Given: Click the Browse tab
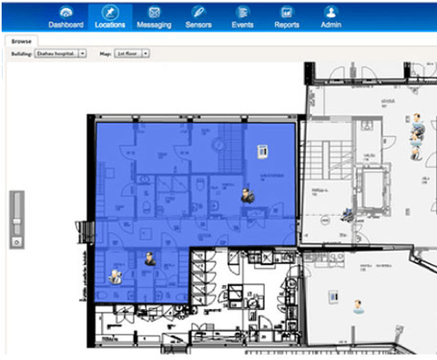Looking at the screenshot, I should [23, 42].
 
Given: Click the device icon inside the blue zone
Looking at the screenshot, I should [262, 150].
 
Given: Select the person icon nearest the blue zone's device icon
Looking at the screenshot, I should [247, 194].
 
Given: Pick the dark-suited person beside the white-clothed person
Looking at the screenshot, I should [147, 260].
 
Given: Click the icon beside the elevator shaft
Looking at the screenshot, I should [347, 215].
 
